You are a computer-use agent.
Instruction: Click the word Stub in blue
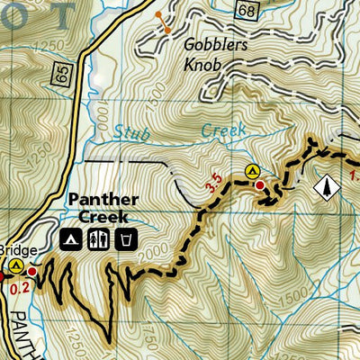pyautogui.click(x=133, y=134)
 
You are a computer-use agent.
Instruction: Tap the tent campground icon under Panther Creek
pyautogui.click(x=68, y=239)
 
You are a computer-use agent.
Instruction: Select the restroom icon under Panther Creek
pyautogui.click(x=98, y=239)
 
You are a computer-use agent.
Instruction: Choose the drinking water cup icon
pyautogui.click(x=128, y=239)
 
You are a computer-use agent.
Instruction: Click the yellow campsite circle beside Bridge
pyautogui.click(x=15, y=265)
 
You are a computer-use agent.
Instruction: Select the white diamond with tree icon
pyautogui.click(x=325, y=186)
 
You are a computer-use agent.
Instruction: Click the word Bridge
pyautogui.click(x=13, y=247)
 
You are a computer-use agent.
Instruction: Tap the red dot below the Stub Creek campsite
pyautogui.click(x=260, y=185)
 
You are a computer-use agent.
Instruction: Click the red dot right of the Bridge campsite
pyautogui.click(x=32, y=270)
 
